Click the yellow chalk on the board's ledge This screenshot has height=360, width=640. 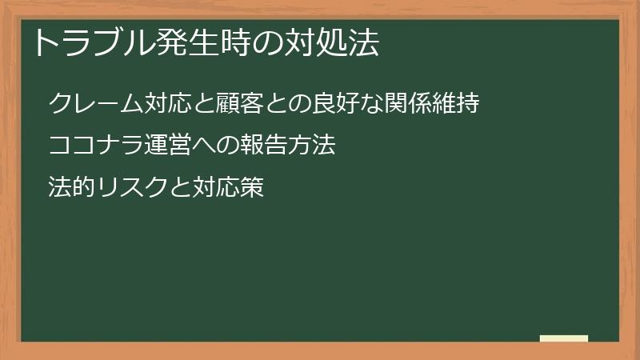564,338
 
